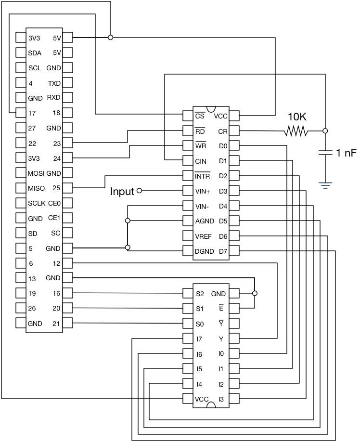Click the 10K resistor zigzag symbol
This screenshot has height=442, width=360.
(x=296, y=130)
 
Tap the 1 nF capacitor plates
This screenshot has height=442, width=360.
(x=325, y=153)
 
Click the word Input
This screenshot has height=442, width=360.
(x=122, y=192)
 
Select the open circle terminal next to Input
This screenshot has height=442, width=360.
(x=140, y=191)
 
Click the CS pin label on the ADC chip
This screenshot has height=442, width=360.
(x=200, y=116)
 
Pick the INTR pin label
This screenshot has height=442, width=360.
(x=202, y=176)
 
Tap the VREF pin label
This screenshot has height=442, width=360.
(x=204, y=236)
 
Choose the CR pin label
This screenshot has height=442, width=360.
(x=223, y=131)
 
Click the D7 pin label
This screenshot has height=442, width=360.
(x=223, y=251)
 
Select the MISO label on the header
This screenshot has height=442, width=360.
(x=37, y=188)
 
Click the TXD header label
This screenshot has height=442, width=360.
(x=54, y=83)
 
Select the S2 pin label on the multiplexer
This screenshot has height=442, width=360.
(x=200, y=293)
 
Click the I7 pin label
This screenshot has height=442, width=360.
(x=199, y=339)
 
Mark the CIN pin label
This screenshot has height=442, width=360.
(x=201, y=161)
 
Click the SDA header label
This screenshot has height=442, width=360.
(x=35, y=53)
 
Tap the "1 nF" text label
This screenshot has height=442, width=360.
(x=347, y=153)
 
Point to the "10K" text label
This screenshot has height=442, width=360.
(x=297, y=117)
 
